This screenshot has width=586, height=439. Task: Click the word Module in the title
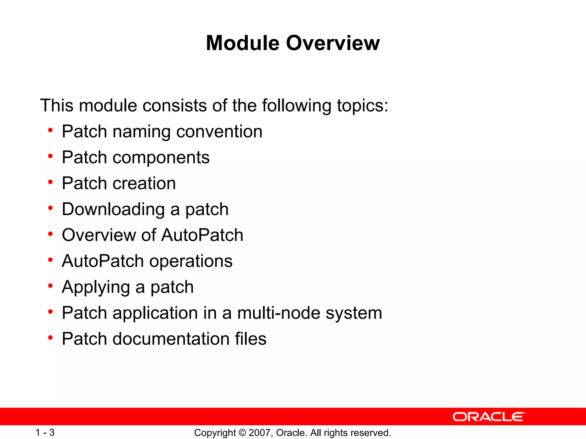(242, 43)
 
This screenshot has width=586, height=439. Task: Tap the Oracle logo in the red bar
(489, 417)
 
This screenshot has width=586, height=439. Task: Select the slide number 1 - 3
(45, 432)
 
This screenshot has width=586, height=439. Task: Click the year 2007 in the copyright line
(259, 433)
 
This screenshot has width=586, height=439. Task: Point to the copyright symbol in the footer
(242, 433)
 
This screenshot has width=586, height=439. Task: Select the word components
(161, 157)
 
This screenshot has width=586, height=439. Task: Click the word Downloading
(113, 209)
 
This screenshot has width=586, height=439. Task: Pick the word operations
(191, 261)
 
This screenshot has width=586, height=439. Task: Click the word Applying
(96, 287)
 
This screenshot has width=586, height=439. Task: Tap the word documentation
(171, 339)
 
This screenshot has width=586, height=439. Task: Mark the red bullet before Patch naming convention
(51, 131)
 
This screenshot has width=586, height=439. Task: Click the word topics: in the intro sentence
(363, 106)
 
